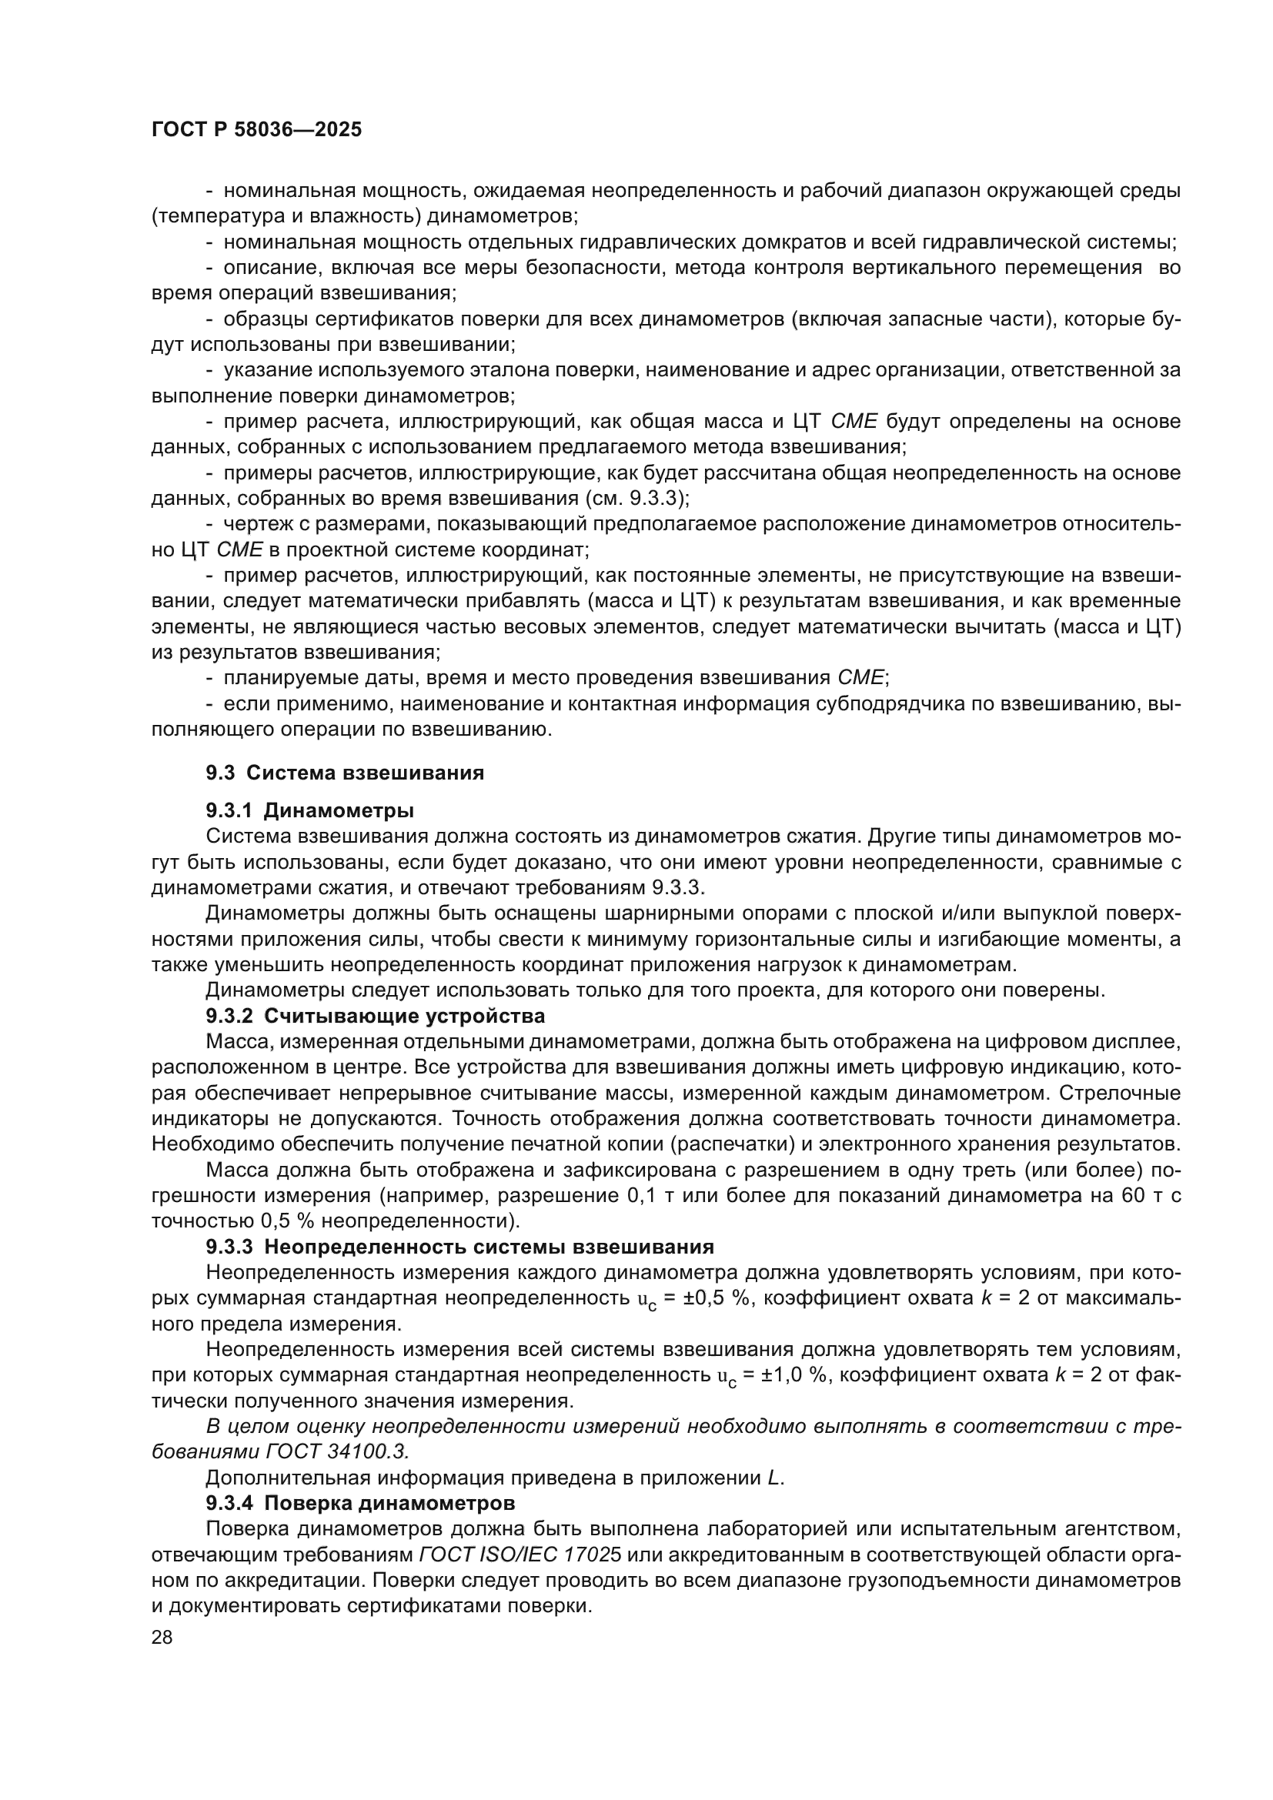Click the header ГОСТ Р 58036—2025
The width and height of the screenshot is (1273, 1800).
(256, 130)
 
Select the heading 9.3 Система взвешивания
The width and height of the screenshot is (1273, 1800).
(345, 773)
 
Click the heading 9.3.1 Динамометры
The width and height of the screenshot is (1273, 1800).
(309, 810)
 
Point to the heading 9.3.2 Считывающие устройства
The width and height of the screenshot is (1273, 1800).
(375, 1016)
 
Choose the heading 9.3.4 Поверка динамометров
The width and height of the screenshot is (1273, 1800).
(359, 1504)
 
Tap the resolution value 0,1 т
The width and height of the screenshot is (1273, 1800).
(653, 1196)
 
